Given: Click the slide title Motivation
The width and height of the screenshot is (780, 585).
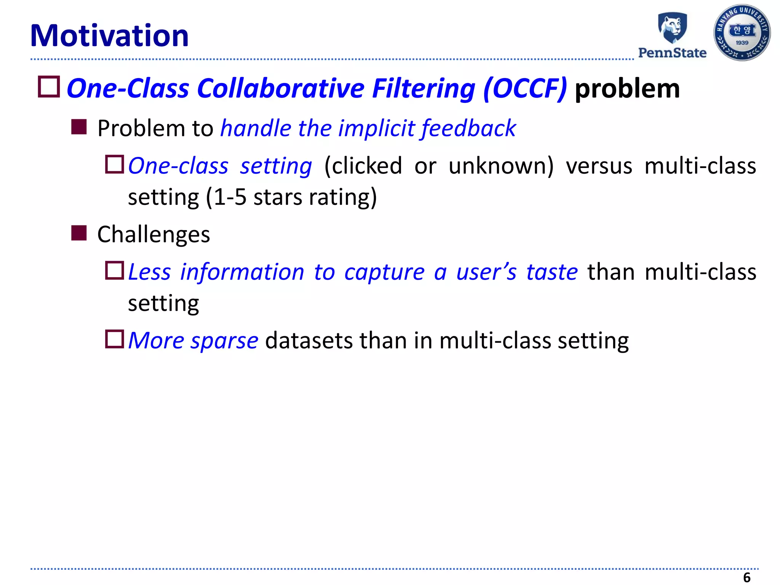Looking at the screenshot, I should pyautogui.click(x=109, y=36).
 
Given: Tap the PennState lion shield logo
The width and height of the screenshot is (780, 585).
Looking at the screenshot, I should pyautogui.click(x=672, y=27).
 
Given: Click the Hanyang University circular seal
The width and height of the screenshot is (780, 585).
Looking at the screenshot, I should pyautogui.click(x=742, y=33).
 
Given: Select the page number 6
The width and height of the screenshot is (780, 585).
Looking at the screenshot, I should pyautogui.click(x=747, y=577).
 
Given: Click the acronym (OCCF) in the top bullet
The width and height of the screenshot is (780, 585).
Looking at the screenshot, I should pyautogui.click(x=525, y=89).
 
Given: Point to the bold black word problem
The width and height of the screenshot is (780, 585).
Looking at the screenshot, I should pyautogui.click(x=627, y=89).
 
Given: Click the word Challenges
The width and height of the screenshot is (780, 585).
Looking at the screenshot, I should pyautogui.click(x=153, y=234).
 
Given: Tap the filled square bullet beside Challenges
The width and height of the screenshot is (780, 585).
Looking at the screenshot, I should pyautogui.click(x=79, y=233).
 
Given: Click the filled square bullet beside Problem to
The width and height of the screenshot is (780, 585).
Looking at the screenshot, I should pyautogui.click(x=79, y=127).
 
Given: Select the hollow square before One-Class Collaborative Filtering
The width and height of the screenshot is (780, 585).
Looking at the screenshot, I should pyautogui.click(x=49, y=87).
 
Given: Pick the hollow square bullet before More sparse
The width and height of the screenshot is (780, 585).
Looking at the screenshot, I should pyautogui.click(x=115, y=339).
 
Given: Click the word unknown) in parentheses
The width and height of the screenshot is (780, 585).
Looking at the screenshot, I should pyautogui.click(x=501, y=166).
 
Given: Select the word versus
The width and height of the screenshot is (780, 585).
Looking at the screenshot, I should pyautogui.click(x=599, y=166).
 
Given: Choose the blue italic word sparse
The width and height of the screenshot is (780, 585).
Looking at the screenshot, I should pyautogui.click(x=224, y=340).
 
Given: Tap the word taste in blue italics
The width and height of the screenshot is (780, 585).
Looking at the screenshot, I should pyautogui.click(x=552, y=272).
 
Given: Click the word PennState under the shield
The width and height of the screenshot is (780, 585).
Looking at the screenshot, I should pyautogui.click(x=672, y=53).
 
